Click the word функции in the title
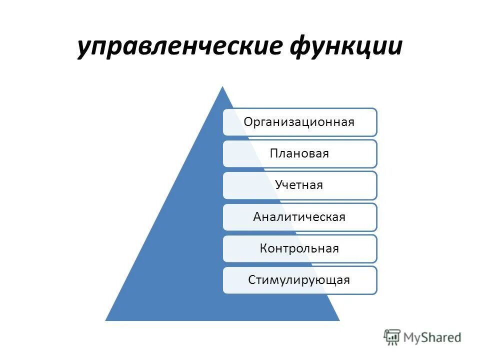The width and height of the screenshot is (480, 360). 347,46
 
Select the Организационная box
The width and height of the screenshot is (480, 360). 300,122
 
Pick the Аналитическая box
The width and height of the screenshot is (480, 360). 300,217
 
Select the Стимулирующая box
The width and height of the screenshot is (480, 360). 300,280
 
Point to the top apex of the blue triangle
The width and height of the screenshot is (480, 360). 222,87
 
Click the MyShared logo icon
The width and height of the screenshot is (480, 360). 392,337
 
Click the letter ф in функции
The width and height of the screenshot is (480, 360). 301,47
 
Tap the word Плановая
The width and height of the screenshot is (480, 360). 299,153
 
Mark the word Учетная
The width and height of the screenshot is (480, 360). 299,185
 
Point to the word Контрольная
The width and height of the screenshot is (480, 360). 299,248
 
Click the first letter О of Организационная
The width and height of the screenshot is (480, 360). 247,122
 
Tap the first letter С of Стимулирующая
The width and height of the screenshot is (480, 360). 251,280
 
